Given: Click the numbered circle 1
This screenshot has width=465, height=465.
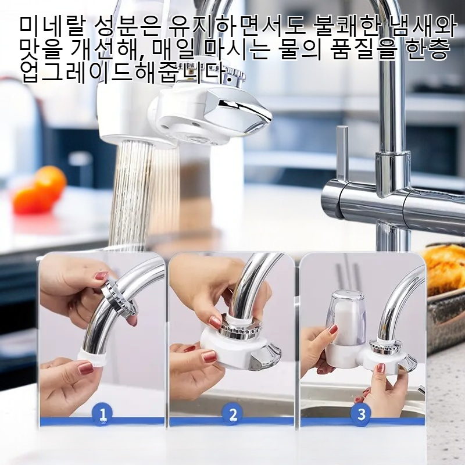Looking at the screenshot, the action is (102, 413).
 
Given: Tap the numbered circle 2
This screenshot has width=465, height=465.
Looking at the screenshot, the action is (233, 413).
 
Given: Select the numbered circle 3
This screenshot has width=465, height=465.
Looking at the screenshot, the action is (361, 413).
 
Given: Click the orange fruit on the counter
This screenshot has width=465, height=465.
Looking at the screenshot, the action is (40, 190).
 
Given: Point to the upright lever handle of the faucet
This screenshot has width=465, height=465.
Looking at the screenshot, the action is (342, 156).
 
